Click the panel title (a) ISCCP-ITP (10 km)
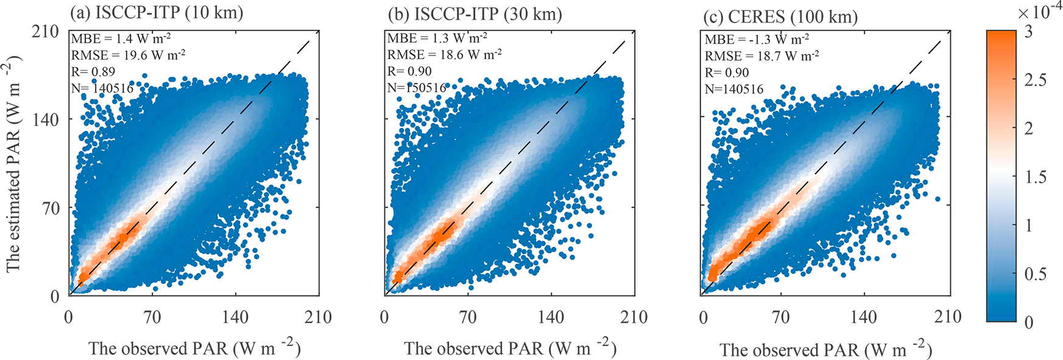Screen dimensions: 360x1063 point(157,13)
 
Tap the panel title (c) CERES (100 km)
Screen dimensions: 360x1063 point(780,16)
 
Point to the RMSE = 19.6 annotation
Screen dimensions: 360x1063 point(129,55)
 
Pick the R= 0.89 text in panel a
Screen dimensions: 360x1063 point(93,72)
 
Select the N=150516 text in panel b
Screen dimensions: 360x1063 point(417,88)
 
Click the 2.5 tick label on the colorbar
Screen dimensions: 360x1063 point(1035,80)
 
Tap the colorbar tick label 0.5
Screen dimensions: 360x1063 point(1035,274)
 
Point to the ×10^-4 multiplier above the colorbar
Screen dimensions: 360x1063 point(1040,12)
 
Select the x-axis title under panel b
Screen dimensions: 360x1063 point(510,348)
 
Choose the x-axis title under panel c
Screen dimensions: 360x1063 point(826,350)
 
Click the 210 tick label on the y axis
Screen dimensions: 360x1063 point(46,31)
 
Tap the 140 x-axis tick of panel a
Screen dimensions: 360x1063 point(235,317)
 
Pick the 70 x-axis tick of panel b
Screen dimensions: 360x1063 point(468,317)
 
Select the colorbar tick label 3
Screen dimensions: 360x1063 point(1029,32)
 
